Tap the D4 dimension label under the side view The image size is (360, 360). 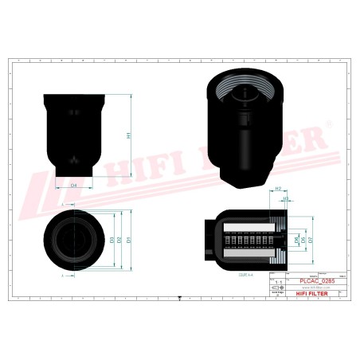click(73, 184)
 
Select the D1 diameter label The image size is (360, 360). click(129, 238)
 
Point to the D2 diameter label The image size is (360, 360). click(119, 238)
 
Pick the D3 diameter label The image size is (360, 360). click(111, 238)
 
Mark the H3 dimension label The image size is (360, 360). click(285, 198)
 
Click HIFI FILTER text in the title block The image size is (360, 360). click(315, 292)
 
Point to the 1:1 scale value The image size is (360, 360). click(277, 282)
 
